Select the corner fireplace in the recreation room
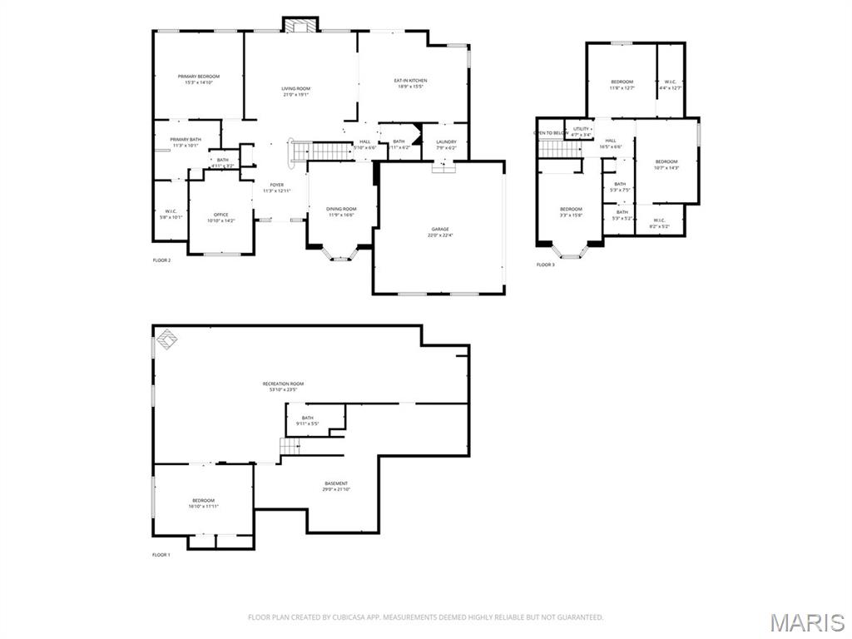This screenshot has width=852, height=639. click(x=166, y=339)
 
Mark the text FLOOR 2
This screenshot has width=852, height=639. click(x=161, y=260)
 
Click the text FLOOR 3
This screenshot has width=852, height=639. click(x=545, y=265)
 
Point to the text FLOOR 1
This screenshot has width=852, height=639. click(x=161, y=555)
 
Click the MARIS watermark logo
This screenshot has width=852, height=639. click(x=807, y=622)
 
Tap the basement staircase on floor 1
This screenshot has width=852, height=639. click(x=290, y=447)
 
